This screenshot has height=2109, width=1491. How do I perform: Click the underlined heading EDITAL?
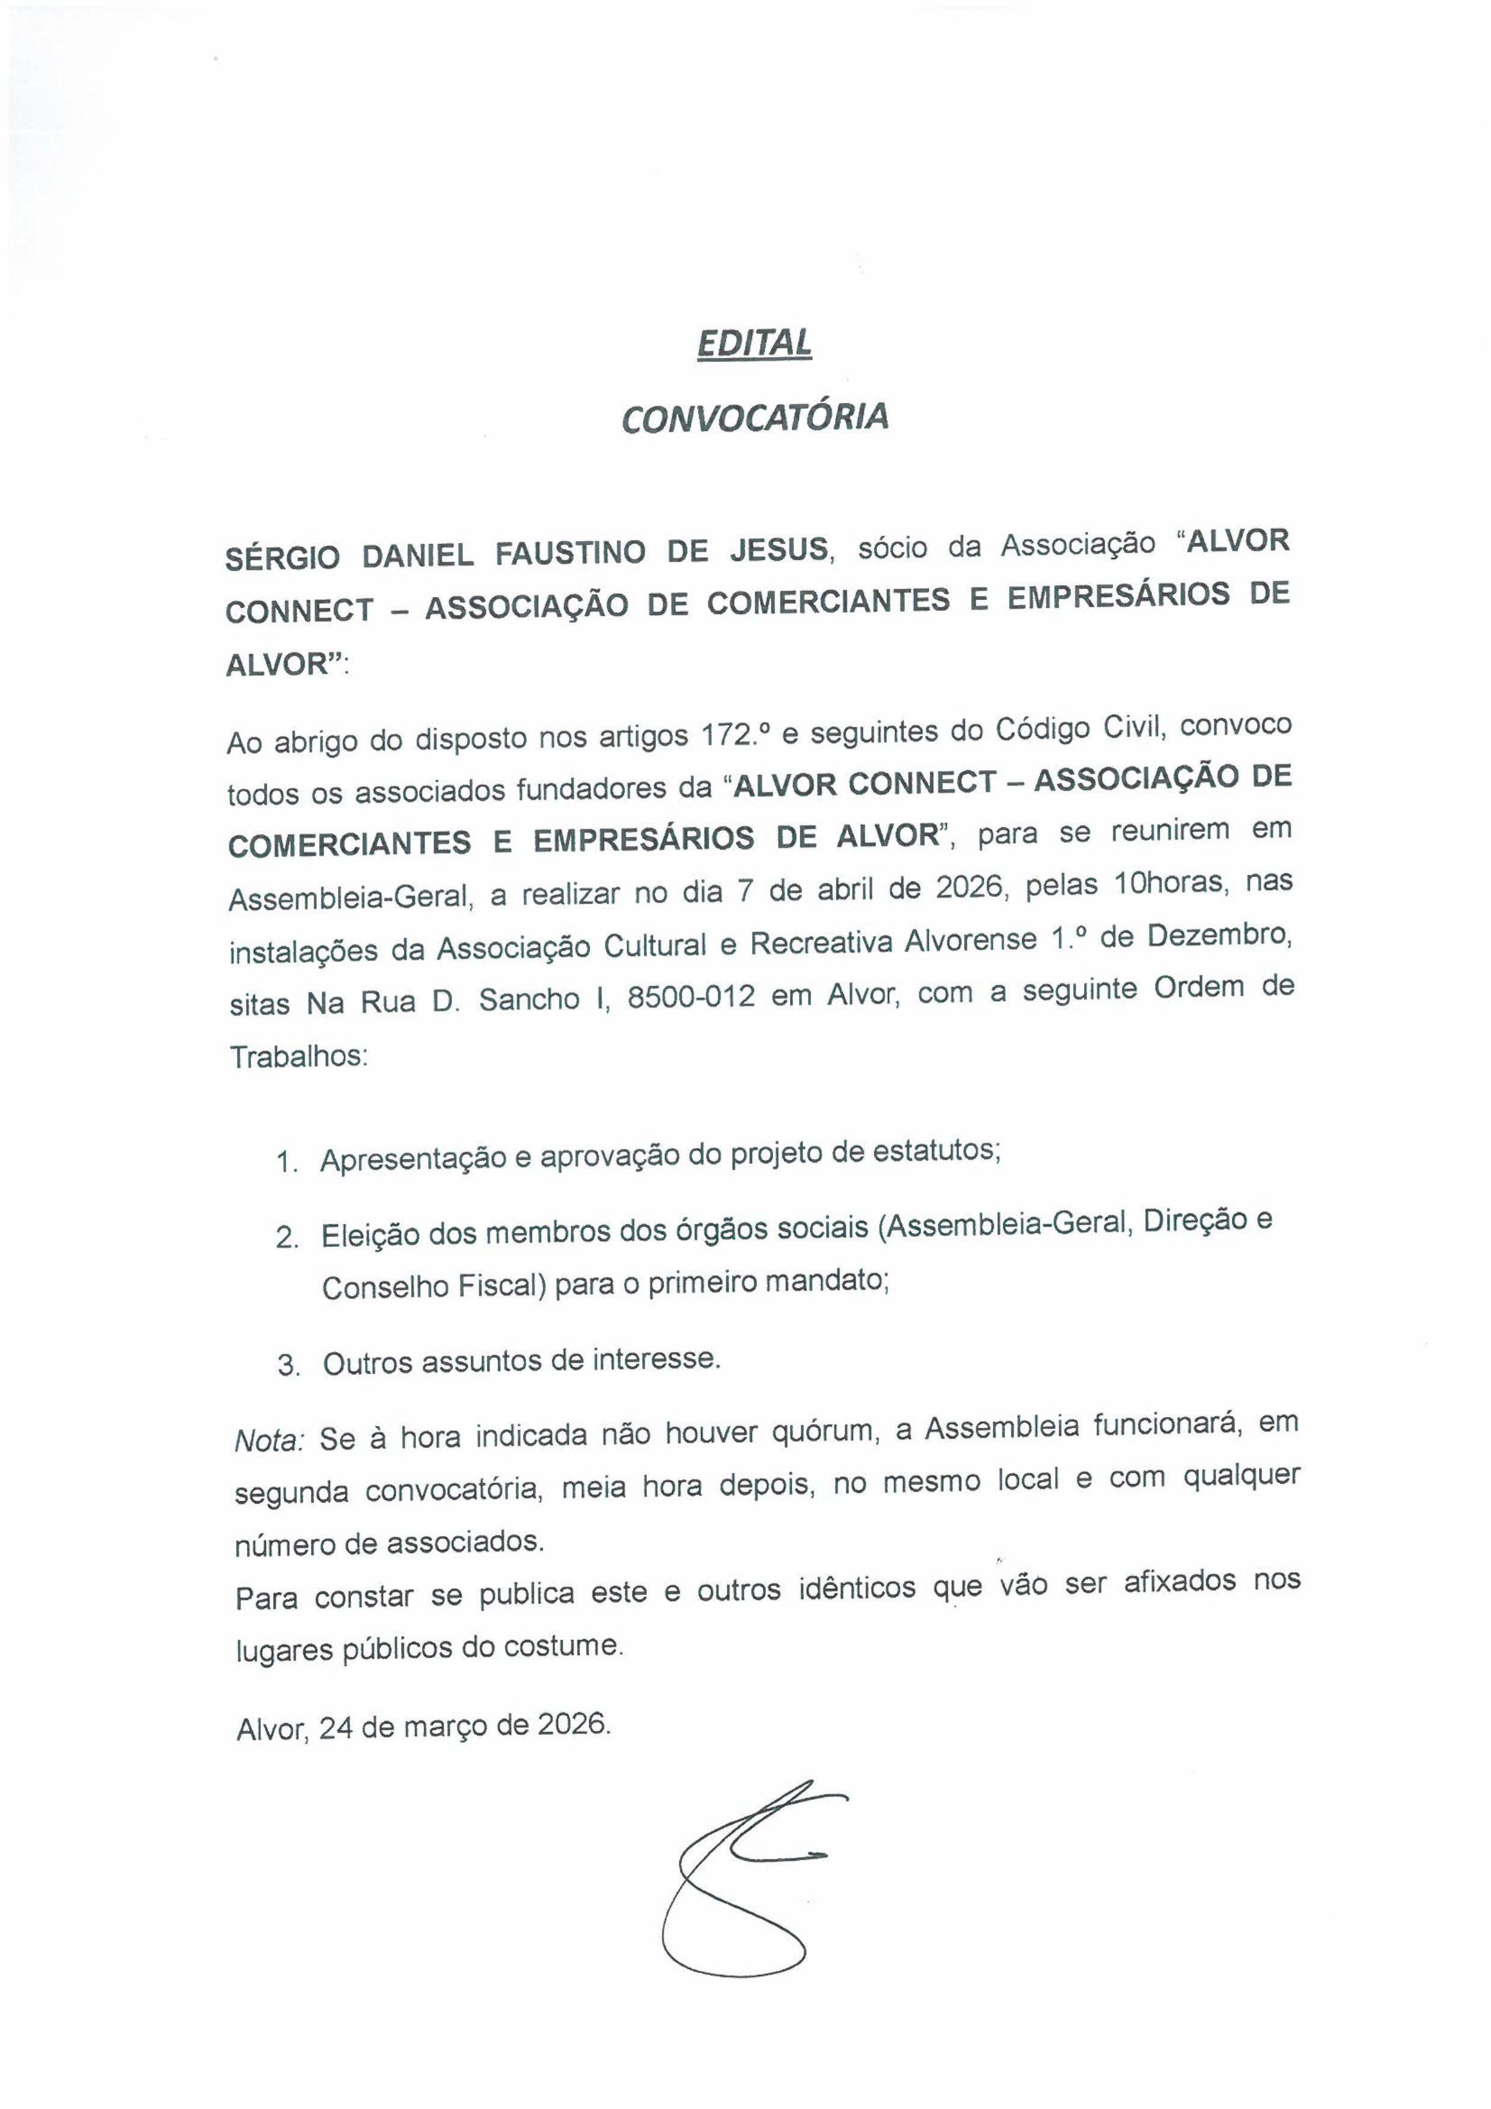click(x=755, y=343)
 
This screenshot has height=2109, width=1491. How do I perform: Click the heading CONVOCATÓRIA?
click(x=755, y=418)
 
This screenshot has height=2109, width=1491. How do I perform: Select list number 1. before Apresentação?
click(x=287, y=1163)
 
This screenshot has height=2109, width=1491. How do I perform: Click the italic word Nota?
click(x=268, y=1439)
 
